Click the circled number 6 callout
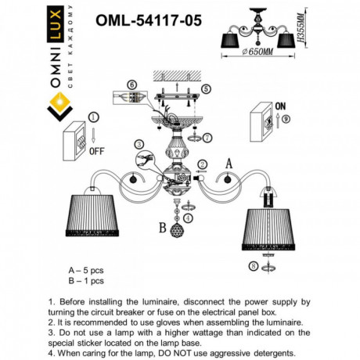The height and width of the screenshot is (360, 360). (131, 85)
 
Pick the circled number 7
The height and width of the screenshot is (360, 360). (207, 139)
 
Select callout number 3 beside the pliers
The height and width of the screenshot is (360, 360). (139, 144)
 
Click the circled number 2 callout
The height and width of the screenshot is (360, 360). (201, 164)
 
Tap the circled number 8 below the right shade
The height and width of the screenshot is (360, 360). (252, 266)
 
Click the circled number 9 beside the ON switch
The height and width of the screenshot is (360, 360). (286, 118)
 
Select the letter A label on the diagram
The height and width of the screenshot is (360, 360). (229, 163)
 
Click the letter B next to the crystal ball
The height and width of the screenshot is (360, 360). (162, 229)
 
